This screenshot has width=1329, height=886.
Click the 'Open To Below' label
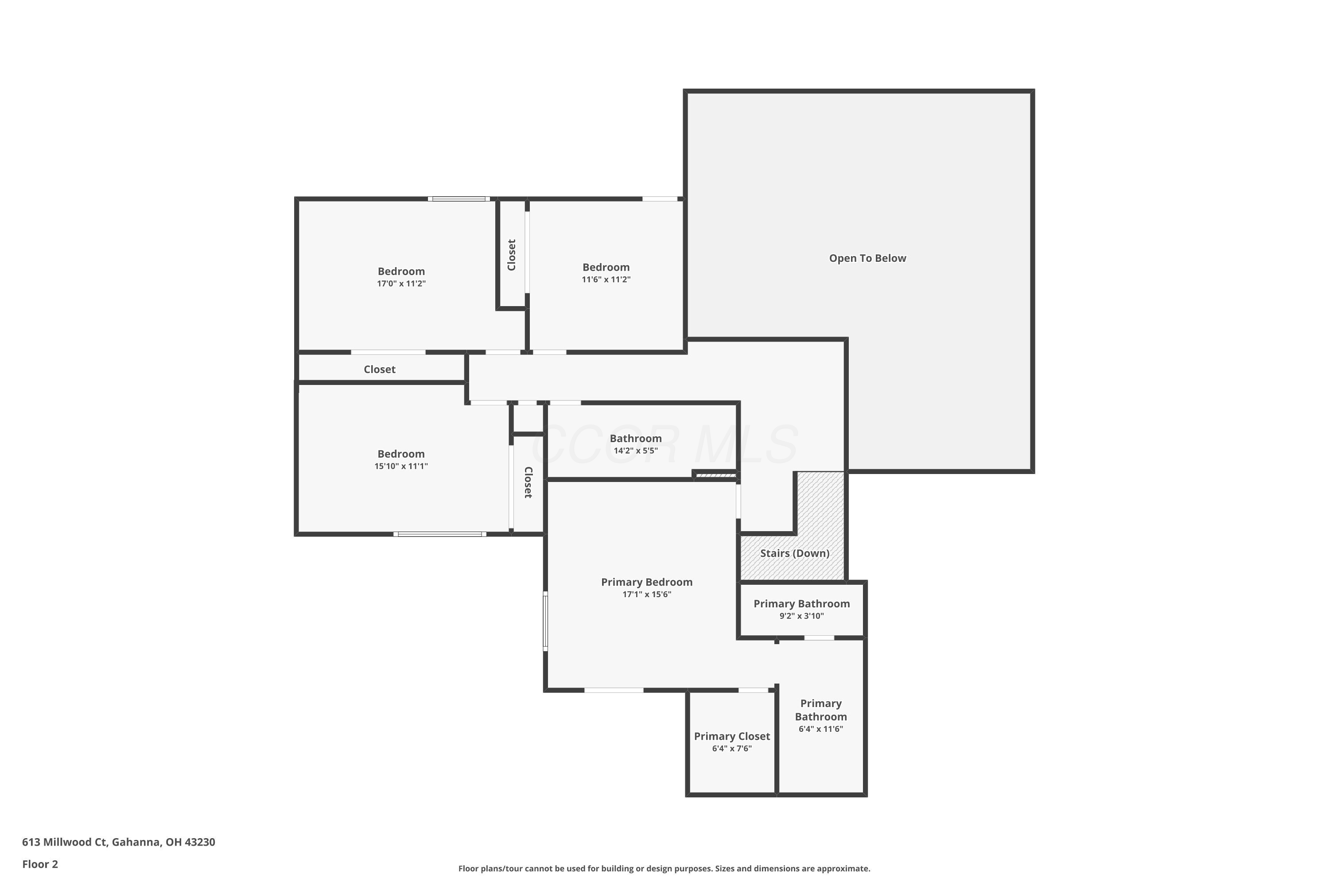pyautogui.click(x=867, y=258)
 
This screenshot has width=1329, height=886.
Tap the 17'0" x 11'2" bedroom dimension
pyautogui.click(x=401, y=284)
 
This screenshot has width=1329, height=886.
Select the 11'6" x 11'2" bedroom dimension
pyautogui.click(x=606, y=280)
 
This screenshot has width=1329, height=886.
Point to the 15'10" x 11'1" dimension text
pyautogui.click(x=401, y=466)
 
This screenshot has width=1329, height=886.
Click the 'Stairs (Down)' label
pyautogui.click(x=794, y=553)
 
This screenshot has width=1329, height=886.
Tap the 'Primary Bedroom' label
pyautogui.click(x=646, y=582)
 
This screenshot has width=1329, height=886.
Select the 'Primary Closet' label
pyautogui.click(x=732, y=736)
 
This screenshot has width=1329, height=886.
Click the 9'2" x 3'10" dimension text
pyautogui.click(x=801, y=616)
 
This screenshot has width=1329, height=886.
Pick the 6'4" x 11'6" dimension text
pyautogui.click(x=820, y=729)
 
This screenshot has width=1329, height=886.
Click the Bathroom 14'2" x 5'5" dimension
pyautogui.click(x=636, y=451)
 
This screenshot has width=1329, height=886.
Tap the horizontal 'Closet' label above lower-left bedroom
pyautogui.click(x=379, y=369)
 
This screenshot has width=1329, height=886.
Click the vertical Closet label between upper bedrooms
pyautogui.click(x=511, y=255)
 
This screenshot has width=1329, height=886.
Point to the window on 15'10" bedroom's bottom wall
pyautogui.click(x=439, y=534)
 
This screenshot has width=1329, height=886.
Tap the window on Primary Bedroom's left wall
pyautogui.click(x=545, y=621)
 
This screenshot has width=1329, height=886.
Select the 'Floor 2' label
pyautogui.click(x=39, y=864)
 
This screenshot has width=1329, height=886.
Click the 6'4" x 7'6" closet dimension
pyautogui.click(x=732, y=749)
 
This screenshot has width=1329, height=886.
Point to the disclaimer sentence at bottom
pyautogui.click(x=664, y=868)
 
